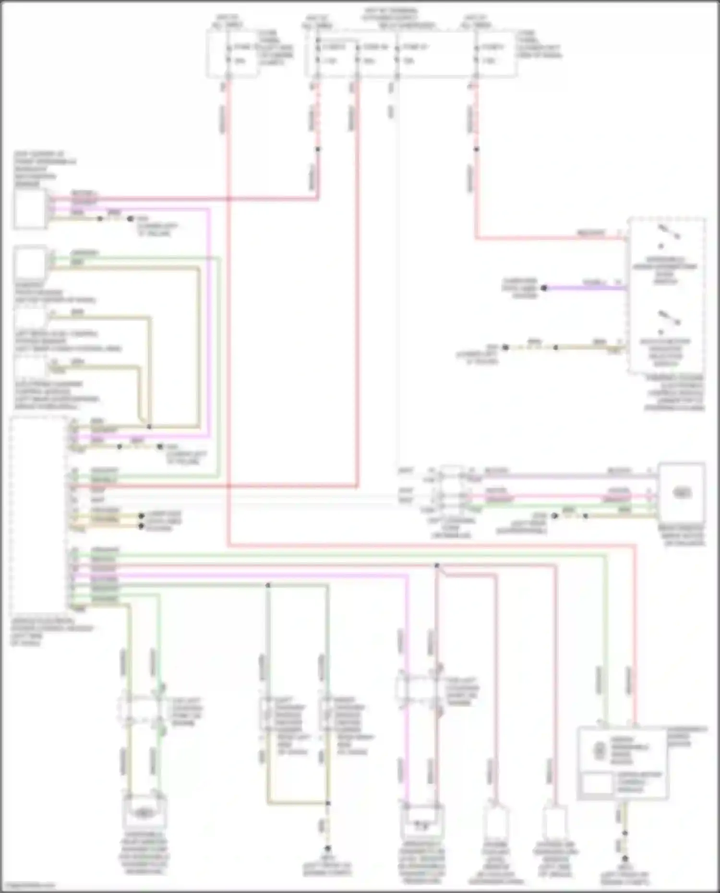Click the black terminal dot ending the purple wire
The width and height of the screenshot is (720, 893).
tap(544, 288)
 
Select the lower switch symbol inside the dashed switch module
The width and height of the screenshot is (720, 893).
tap(668, 319)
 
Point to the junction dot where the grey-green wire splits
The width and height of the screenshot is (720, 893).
tap(268, 585)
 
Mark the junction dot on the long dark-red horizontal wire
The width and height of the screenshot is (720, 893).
tap(437, 566)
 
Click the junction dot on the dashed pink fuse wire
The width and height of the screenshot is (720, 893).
tap(318, 149)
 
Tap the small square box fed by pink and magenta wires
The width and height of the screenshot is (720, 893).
tap(30, 208)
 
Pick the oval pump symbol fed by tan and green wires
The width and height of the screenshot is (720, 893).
tap(142, 813)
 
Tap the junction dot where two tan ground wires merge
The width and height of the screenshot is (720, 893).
tap(328, 803)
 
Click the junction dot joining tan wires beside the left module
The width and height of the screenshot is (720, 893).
tap(149, 427)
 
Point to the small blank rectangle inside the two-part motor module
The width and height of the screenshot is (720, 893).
tap(597, 784)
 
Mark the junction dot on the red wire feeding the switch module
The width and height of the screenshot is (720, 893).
tap(477, 149)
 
